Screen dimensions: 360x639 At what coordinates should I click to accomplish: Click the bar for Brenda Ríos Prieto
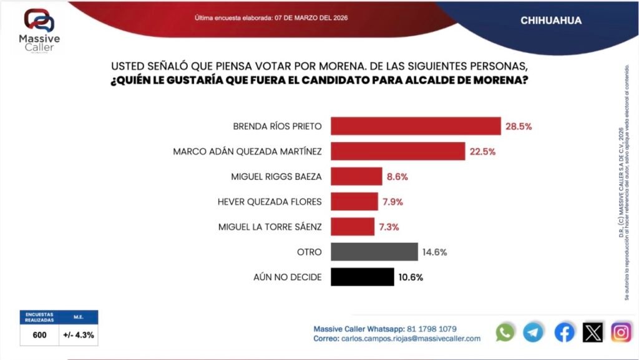click(x=416, y=126)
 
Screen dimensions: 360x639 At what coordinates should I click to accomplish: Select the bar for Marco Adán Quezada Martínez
click(x=398, y=151)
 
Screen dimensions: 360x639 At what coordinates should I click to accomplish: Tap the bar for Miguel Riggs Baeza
click(x=356, y=177)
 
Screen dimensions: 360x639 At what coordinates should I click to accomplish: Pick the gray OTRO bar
click(x=374, y=252)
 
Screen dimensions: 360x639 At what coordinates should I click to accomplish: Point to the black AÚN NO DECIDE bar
click(x=362, y=277)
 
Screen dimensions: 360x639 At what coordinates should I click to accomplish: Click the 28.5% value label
click(x=518, y=126)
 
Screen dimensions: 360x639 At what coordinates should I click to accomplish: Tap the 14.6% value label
click(x=434, y=252)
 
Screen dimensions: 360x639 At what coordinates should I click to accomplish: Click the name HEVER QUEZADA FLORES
click(x=270, y=202)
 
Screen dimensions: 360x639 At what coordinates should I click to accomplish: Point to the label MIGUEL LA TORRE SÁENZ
click(x=270, y=227)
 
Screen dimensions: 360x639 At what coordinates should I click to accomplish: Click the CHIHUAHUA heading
click(x=551, y=21)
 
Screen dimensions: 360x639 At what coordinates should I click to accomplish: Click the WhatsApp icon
click(x=505, y=333)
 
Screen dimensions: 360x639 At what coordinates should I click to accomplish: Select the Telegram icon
click(x=534, y=333)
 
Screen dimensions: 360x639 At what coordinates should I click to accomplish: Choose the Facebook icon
click(x=564, y=333)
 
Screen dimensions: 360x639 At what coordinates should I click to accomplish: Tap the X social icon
click(x=593, y=333)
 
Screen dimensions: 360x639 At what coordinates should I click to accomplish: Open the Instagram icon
click(x=621, y=333)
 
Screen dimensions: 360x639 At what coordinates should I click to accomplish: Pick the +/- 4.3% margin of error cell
click(x=79, y=335)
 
